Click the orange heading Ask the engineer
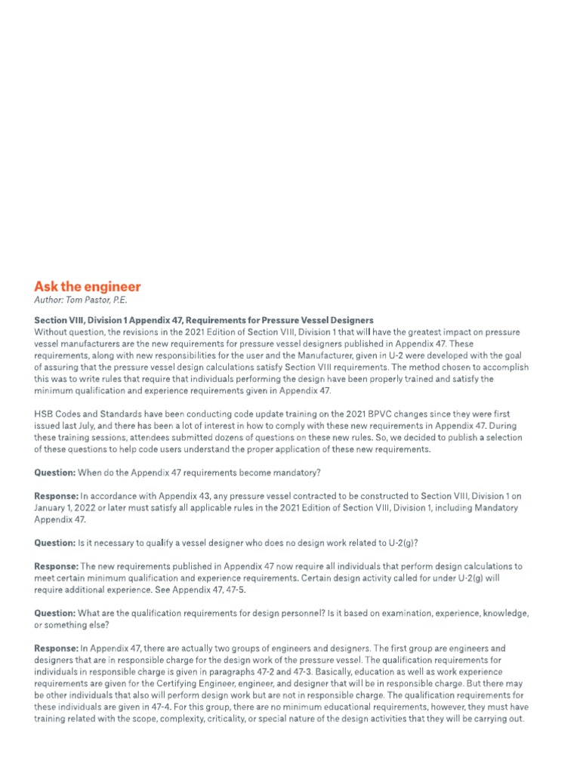pyautogui.click(x=87, y=287)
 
